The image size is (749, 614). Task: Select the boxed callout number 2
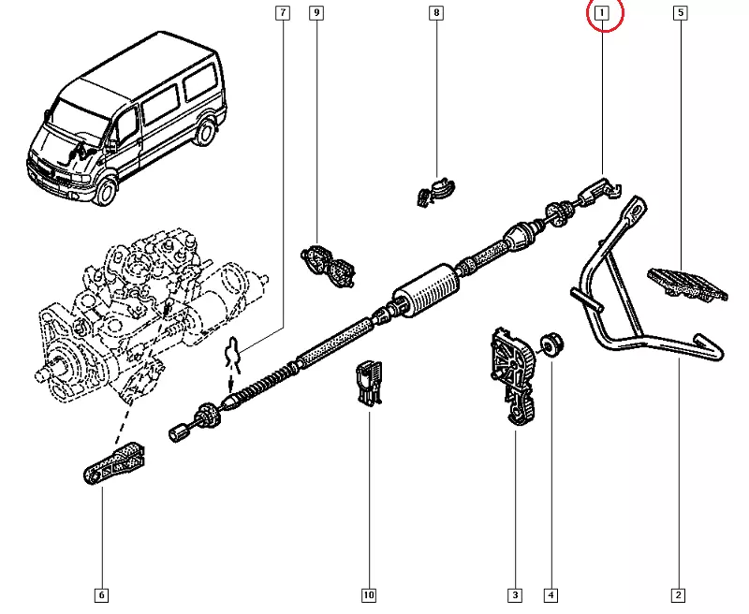(x=678, y=594)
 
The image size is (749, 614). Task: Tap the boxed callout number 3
(x=514, y=594)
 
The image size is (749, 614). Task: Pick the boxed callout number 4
(x=551, y=594)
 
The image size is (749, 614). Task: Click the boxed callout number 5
(x=681, y=13)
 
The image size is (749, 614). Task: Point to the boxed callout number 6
(x=101, y=594)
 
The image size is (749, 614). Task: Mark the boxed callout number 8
(x=436, y=13)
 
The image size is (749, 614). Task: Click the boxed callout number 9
(x=316, y=13)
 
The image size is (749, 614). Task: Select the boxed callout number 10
(x=368, y=594)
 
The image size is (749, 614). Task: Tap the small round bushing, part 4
(x=551, y=345)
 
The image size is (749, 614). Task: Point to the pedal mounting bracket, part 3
(x=512, y=374)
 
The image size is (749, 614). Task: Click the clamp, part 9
(x=329, y=264)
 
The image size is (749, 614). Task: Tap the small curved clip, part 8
(x=433, y=190)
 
